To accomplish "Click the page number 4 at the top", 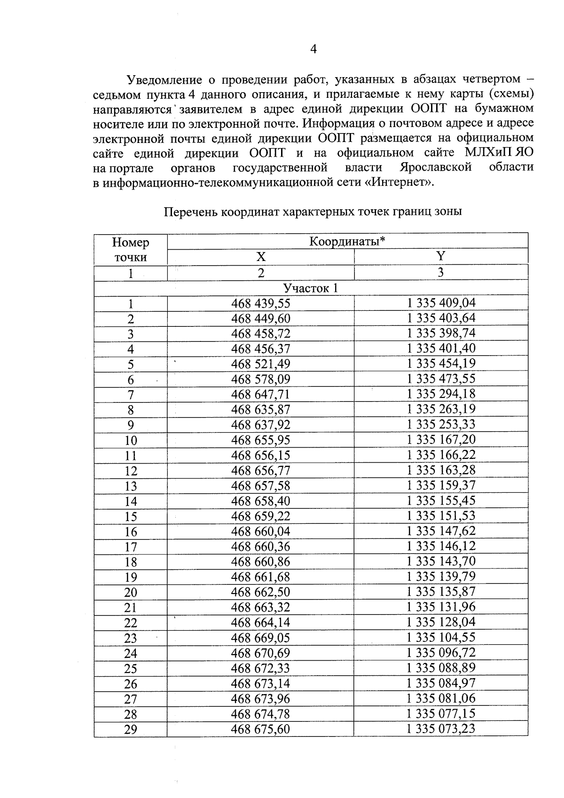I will pos(313,49).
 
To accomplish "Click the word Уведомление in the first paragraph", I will pos(158,79).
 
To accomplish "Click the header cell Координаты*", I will pos(347,242).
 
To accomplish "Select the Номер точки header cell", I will pos(131,250).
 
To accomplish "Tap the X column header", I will pos(261,257).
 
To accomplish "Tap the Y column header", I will pos(441,257).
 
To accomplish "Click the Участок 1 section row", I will pos(310,288).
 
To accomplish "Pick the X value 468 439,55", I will pos(261,303).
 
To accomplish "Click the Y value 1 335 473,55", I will pos(441,379).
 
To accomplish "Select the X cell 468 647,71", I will pos(261,394).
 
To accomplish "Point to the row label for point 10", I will pos(131,440).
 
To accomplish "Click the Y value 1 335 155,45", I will pos(441,500).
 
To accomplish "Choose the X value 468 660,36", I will pos(261,546).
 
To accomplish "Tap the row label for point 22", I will pos(131,623).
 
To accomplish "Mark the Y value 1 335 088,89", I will pos(441,668).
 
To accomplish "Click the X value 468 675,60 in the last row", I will pos(261,729).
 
